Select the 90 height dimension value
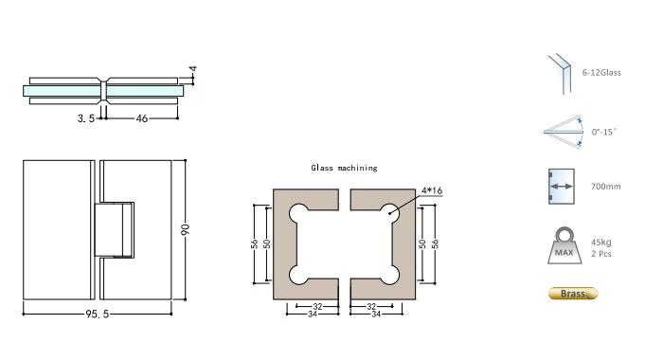(188, 230)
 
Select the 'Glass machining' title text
(344, 168)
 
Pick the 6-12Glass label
(601, 72)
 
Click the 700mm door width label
(605, 188)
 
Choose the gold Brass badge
(573, 294)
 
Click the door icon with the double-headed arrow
(561, 187)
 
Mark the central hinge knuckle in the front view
(113, 229)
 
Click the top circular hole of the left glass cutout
(299, 210)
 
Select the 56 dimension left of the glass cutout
(255, 243)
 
